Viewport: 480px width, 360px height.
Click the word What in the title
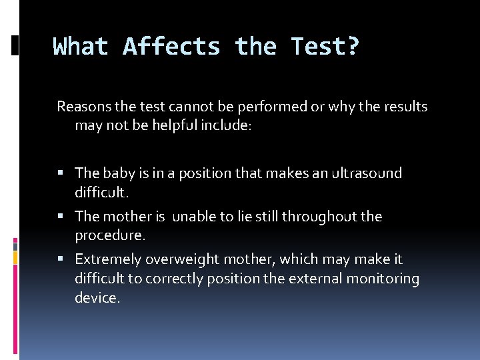(81, 47)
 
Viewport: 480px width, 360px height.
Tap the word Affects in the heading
(171, 47)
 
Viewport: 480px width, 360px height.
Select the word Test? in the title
(325, 47)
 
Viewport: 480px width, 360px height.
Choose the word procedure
(109, 236)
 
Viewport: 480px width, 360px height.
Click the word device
(97, 298)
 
